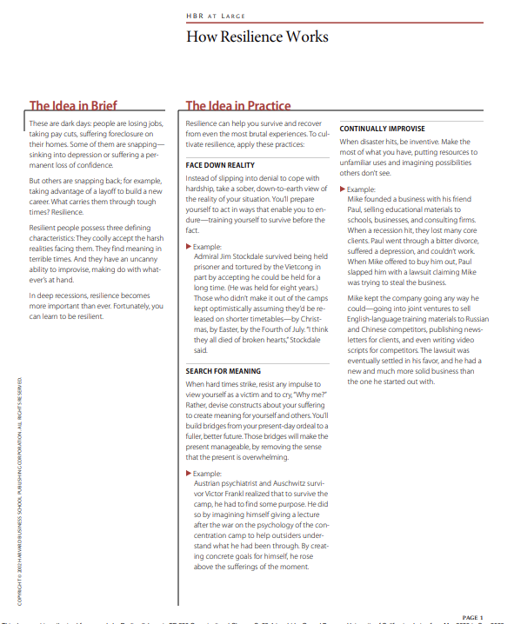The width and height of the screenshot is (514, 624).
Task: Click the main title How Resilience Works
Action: click(x=257, y=37)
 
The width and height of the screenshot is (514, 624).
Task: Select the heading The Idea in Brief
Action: click(x=73, y=106)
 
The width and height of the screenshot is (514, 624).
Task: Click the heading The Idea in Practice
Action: click(x=238, y=106)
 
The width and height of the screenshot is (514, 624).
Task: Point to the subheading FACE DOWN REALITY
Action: click(x=220, y=164)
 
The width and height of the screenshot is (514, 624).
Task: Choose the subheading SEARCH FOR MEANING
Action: click(x=224, y=371)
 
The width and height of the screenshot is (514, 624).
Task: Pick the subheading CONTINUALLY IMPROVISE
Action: click(x=383, y=129)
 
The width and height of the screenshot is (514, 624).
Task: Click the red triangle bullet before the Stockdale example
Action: click(x=190, y=247)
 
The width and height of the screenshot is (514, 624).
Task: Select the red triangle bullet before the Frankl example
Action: click(x=190, y=473)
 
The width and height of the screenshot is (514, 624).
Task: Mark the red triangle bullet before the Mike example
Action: click(x=343, y=189)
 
